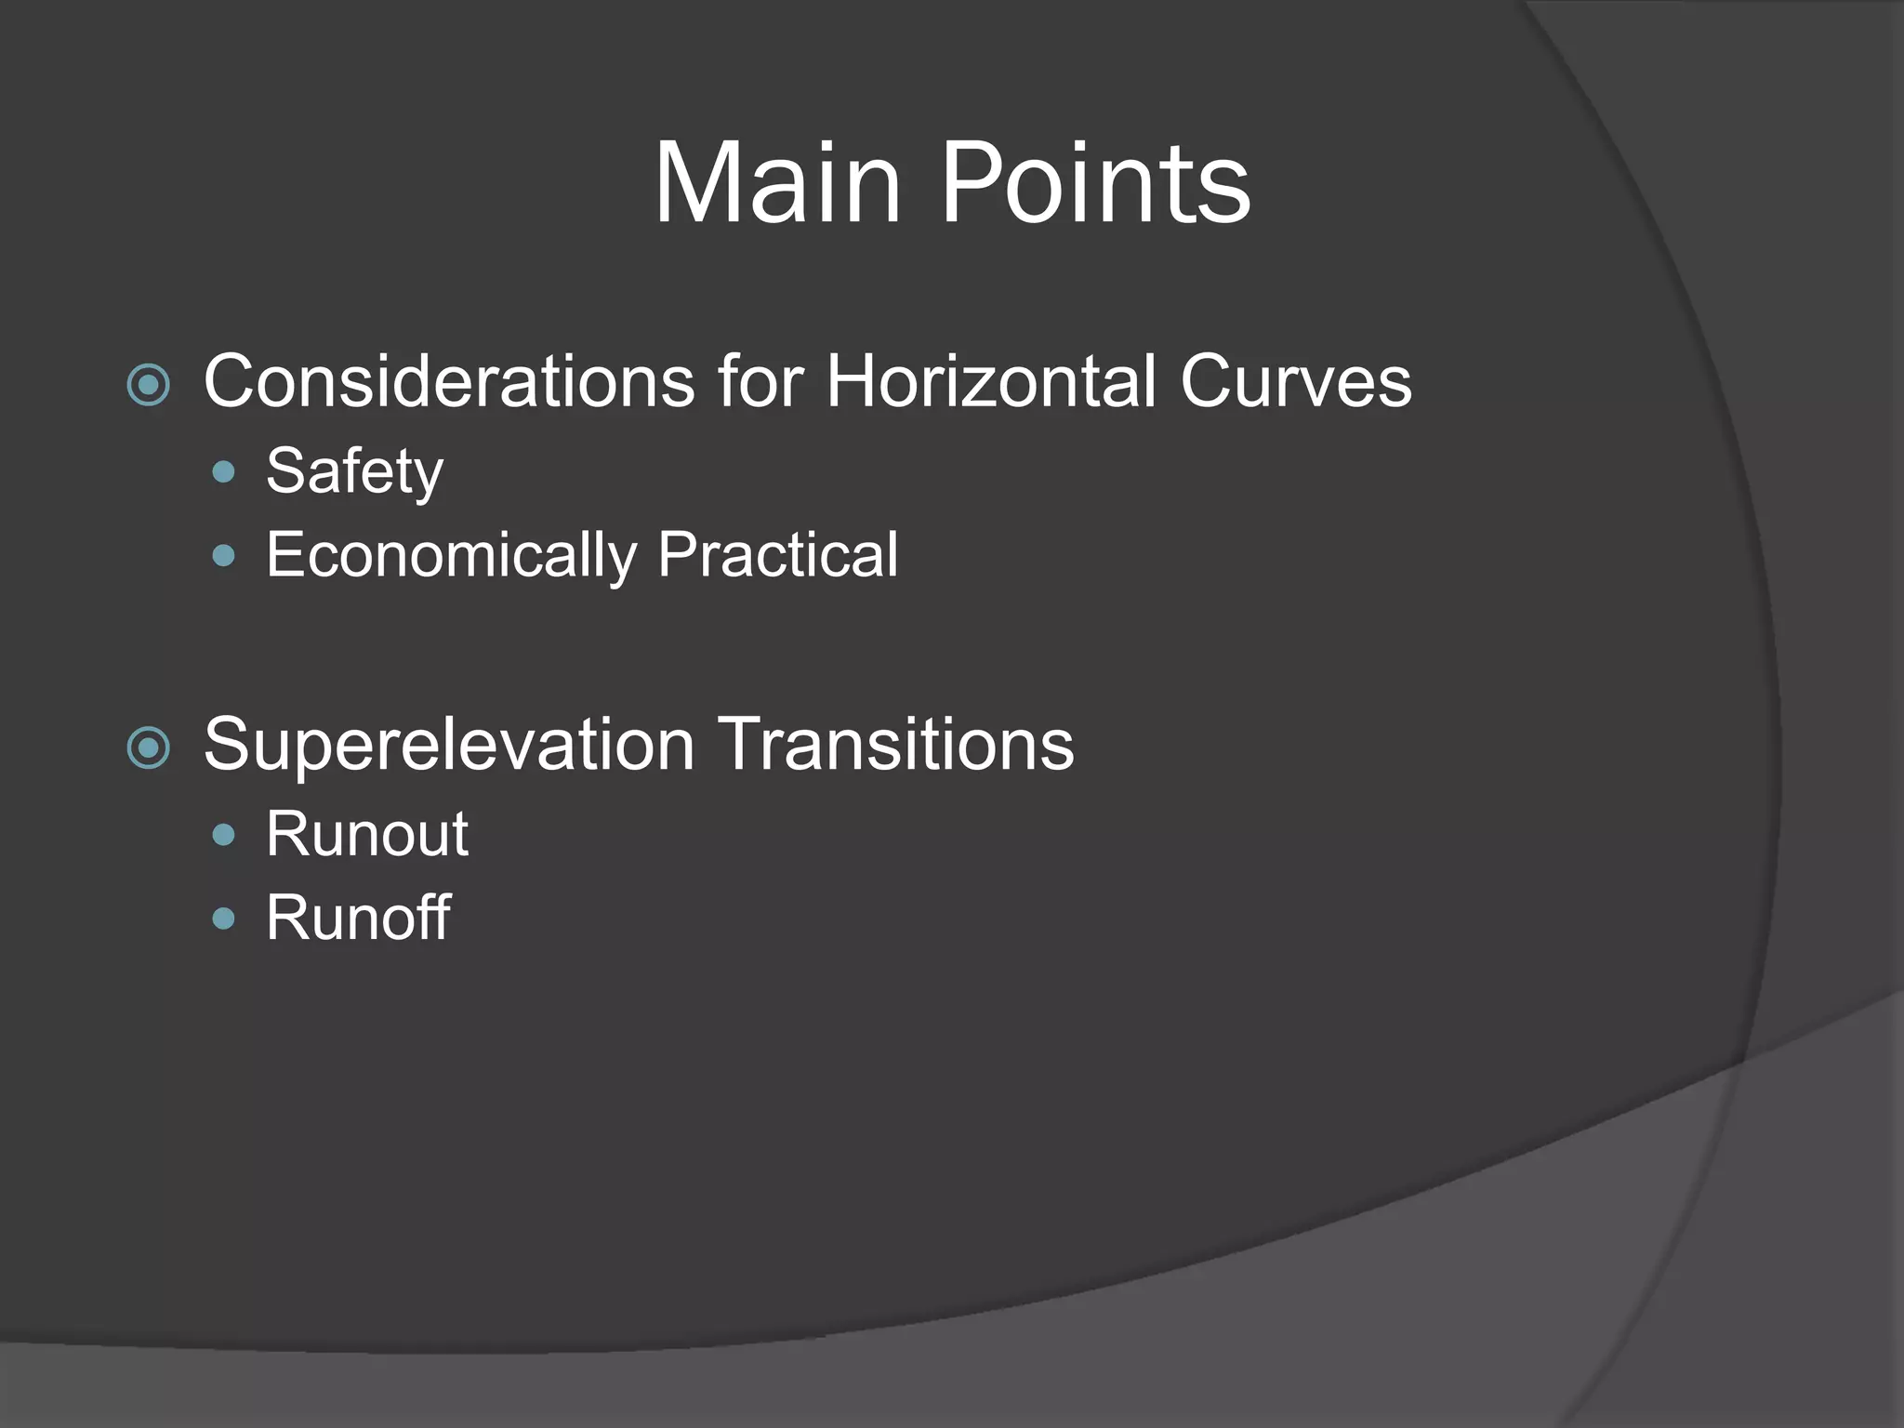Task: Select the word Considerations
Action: [449, 381]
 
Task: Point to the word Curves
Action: [1296, 381]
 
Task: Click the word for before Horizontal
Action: [760, 381]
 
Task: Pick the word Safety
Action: [354, 471]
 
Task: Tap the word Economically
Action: [451, 556]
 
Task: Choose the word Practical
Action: [778, 556]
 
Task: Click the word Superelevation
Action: [449, 745]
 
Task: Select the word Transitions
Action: [897, 745]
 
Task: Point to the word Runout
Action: [366, 834]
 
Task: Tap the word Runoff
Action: [358, 919]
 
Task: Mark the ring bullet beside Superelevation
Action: [149, 747]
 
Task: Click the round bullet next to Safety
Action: [223, 472]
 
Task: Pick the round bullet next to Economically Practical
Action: [223, 556]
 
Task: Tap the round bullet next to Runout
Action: [223, 835]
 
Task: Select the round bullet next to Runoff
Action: [223, 919]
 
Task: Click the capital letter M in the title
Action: [702, 182]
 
